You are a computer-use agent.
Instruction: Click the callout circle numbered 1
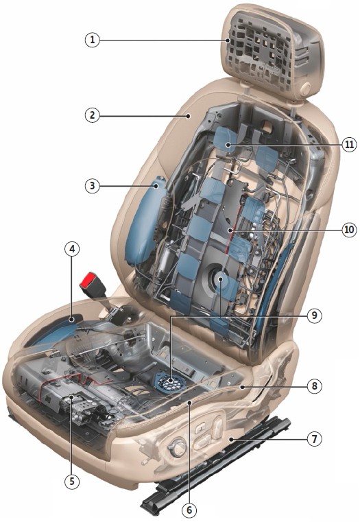tap(92, 40)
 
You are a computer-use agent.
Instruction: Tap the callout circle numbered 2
tap(92, 115)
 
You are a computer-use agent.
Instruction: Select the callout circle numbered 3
tap(92, 185)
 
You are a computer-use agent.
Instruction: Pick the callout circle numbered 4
tap(72, 249)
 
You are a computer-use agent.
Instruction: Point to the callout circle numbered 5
tap(72, 481)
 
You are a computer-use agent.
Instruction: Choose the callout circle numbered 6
tap(189, 510)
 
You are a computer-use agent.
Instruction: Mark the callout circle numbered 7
tap(315, 439)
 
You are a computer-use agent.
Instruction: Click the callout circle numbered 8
tap(315, 385)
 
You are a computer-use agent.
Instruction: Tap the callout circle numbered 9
tap(315, 316)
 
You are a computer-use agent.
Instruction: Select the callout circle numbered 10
tap(349, 229)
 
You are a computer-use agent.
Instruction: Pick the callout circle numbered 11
tap(349, 145)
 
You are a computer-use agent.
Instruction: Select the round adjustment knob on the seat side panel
tap(177, 447)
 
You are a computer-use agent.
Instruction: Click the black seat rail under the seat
tap(216, 466)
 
